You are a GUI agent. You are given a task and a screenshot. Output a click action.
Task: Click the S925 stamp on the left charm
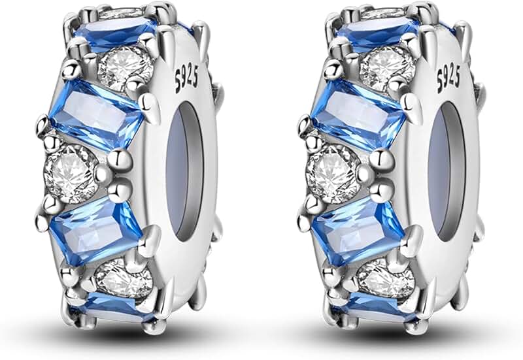click(186, 79)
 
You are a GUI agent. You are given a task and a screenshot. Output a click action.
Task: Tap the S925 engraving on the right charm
click(448, 79)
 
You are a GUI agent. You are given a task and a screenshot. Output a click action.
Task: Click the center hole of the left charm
click(184, 172)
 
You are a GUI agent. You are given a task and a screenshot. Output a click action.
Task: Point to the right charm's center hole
click(447, 172)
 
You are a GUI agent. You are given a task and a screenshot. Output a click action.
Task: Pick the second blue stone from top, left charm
click(97, 114)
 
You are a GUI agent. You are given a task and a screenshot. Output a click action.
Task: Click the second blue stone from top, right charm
click(358, 114)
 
